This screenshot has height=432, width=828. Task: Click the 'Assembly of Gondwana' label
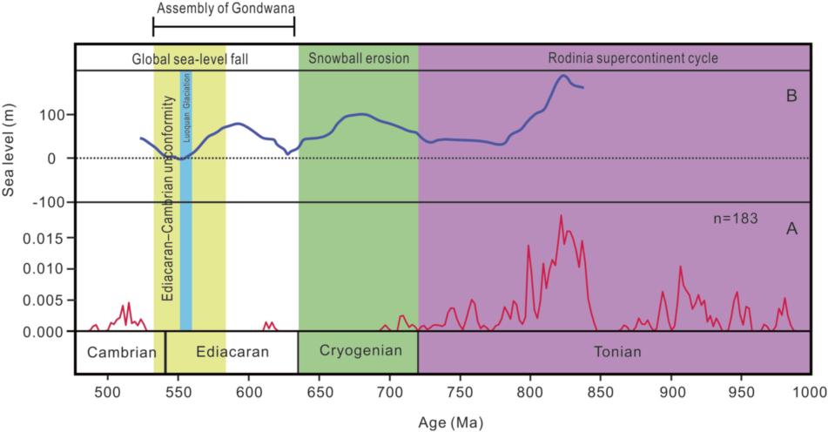point(225,10)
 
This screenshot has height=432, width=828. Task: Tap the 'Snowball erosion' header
point(358,59)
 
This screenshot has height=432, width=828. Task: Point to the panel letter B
point(791,96)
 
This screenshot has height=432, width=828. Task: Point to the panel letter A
point(791,229)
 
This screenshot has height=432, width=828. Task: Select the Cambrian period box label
point(115,353)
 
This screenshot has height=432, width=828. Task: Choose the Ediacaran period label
point(231,353)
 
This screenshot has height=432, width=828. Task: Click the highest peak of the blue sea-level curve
point(563,76)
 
